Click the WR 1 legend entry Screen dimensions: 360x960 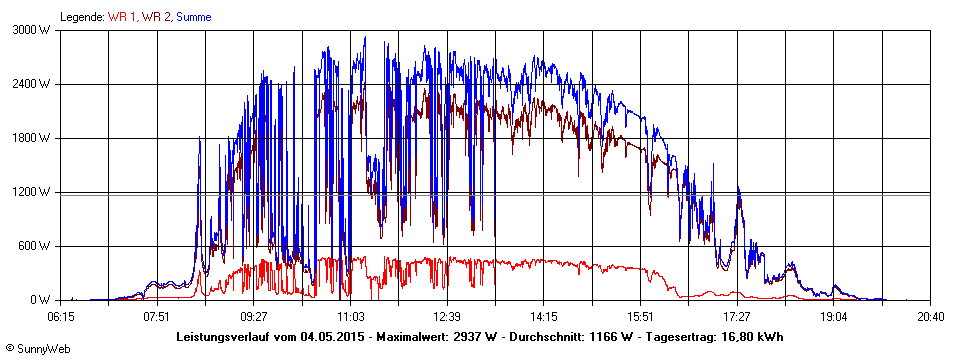click(124, 17)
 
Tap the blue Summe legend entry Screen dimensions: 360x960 click(194, 17)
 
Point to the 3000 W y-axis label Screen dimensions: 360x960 click(33, 30)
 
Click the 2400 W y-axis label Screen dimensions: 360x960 click(33, 84)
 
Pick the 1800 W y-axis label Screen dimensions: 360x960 click(33, 138)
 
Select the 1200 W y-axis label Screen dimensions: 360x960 click(33, 192)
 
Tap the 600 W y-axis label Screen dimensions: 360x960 click(36, 246)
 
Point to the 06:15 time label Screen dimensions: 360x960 click(61, 316)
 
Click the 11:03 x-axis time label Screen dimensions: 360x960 click(351, 316)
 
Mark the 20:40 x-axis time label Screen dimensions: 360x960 click(930, 316)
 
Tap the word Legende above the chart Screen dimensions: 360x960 click(82, 17)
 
